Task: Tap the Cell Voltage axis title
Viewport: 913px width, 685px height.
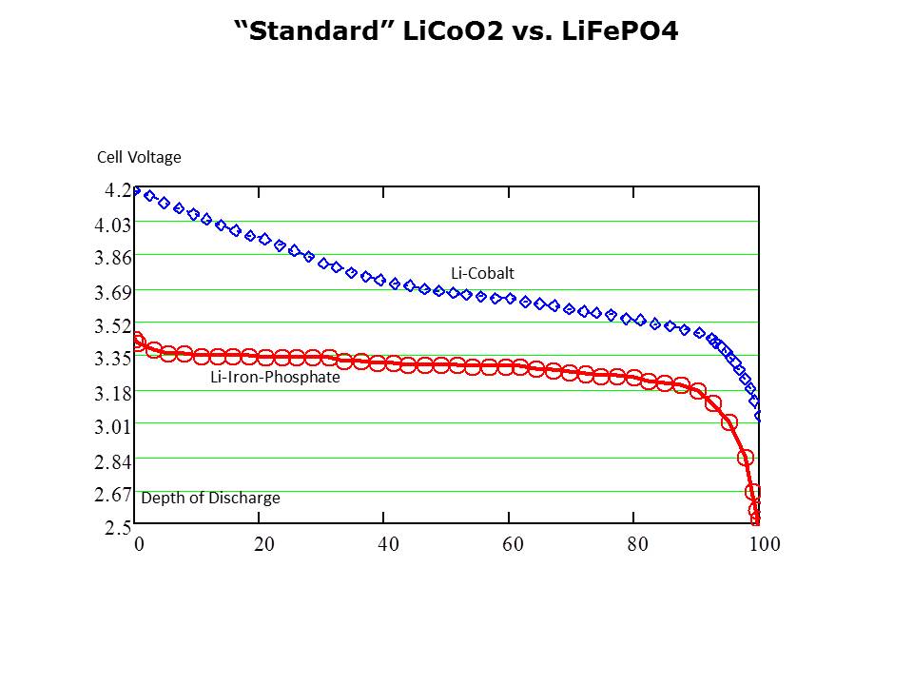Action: pyautogui.click(x=139, y=157)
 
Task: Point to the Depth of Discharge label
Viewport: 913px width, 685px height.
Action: pyautogui.click(x=210, y=498)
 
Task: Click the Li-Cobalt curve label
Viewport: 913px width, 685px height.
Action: pyautogui.click(x=482, y=273)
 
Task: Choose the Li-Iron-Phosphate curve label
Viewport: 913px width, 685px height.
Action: pyautogui.click(x=275, y=377)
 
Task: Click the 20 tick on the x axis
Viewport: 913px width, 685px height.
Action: pyautogui.click(x=263, y=544)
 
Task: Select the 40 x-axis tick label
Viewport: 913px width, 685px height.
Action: pyautogui.click(x=388, y=544)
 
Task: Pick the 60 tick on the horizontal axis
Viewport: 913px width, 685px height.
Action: pyautogui.click(x=513, y=544)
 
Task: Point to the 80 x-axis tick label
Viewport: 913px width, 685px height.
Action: pyautogui.click(x=637, y=544)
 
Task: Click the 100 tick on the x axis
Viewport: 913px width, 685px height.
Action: pyautogui.click(x=765, y=544)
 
